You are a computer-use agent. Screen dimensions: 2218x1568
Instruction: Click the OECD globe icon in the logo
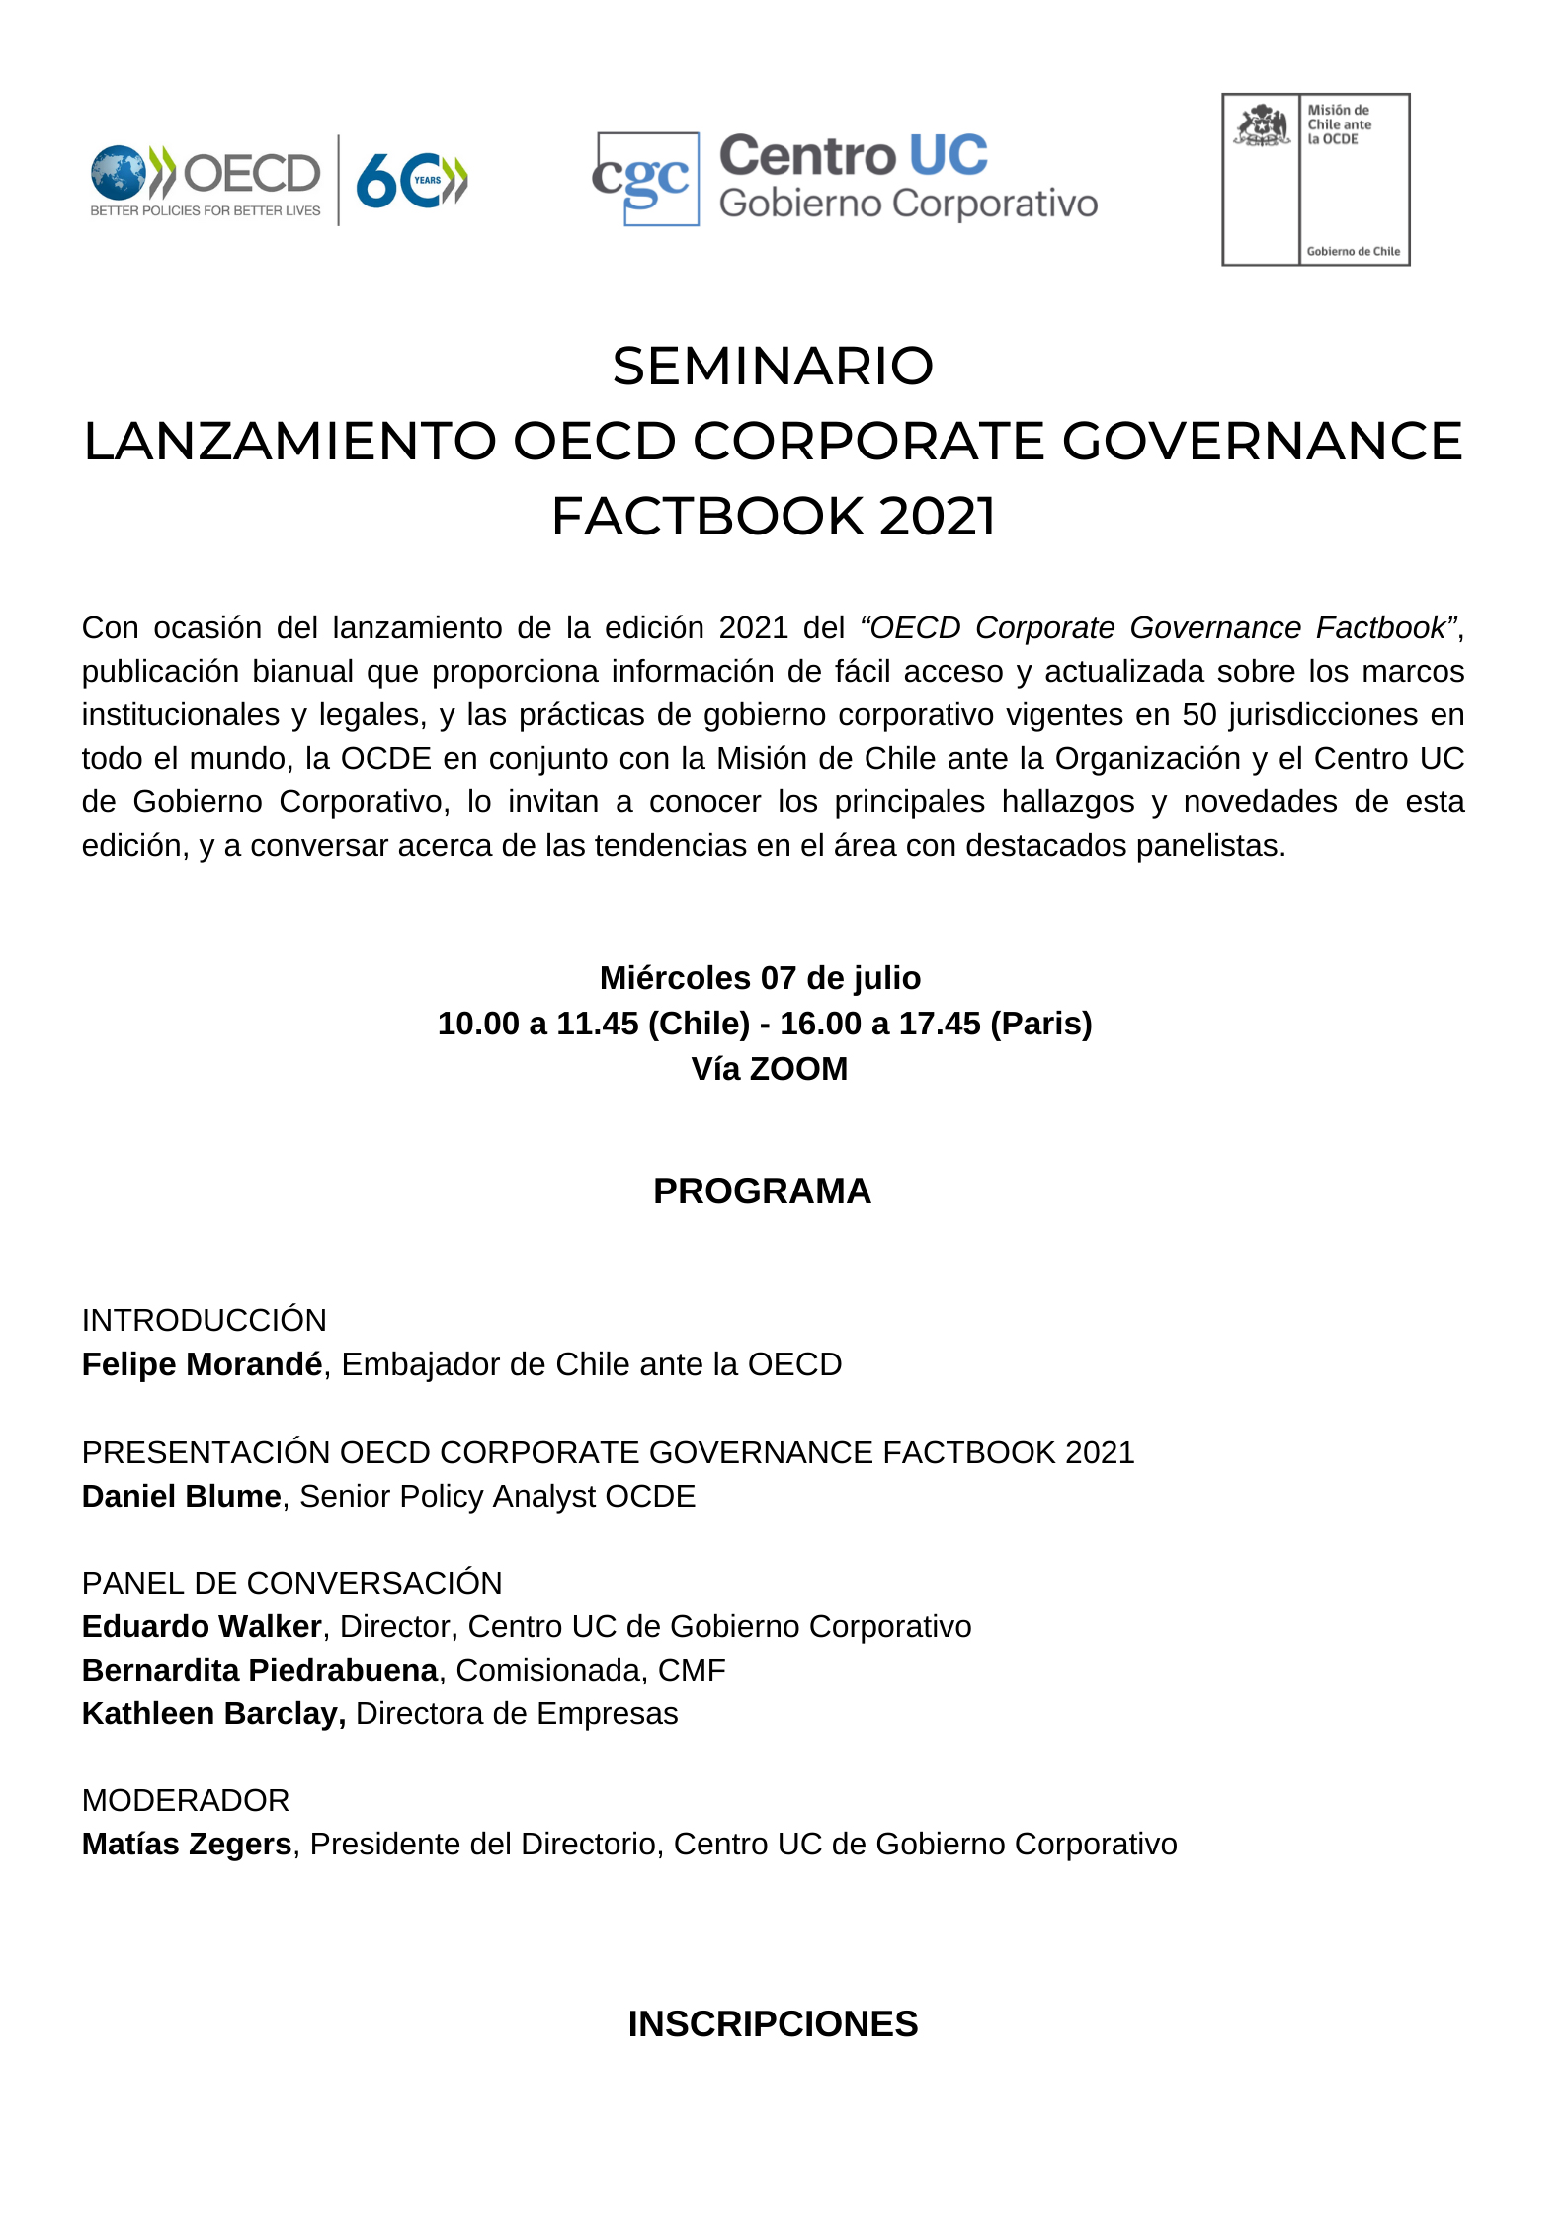[x=119, y=173]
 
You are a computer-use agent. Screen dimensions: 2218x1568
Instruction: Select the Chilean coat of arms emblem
[x=1262, y=126]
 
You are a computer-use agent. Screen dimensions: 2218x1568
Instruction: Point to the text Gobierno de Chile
[x=1353, y=251]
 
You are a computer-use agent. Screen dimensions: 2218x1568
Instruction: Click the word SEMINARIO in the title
[x=773, y=367]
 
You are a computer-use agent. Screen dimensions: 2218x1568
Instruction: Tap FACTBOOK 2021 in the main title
[x=773, y=517]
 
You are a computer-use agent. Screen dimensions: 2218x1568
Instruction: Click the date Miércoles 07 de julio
[x=760, y=978]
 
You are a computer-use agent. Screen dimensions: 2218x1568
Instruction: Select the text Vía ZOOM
[x=769, y=1069]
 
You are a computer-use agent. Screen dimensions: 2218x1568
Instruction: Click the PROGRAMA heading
[x=762, y=1191]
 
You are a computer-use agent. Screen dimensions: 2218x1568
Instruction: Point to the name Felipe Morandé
[x=202, y=1364]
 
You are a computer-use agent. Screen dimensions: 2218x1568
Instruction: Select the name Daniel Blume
[x=181, y=1496]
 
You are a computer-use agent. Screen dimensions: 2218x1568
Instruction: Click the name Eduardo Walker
[x=202, y=1626]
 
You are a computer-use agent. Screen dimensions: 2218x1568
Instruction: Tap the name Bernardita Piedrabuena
[x=259, y=1670]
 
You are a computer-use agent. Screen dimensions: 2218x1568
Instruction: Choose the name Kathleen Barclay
[x=212, y=1713]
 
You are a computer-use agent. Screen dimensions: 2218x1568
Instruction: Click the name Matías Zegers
[x=186, y=1844]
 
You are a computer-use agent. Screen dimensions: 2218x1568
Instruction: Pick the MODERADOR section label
[x=186, y=1800]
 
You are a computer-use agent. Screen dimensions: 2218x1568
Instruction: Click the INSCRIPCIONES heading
[x=773, y=2024]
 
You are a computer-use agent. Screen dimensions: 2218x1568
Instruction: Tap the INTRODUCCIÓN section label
[x=204, y=1321]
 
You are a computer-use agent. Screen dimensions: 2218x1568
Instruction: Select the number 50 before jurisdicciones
[x=1200, y=714]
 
